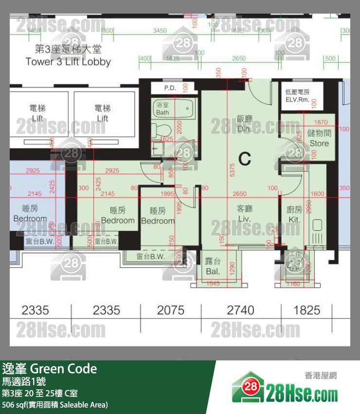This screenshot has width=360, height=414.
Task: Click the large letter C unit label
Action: (x=245, y=158)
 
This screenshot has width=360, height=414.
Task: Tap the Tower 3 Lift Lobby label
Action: (x=68, y=61)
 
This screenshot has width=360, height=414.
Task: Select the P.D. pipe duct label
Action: (x=170, y=88)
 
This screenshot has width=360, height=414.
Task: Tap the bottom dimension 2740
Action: (x=240, y=310)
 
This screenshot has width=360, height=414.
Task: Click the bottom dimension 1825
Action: (x=307, y=310)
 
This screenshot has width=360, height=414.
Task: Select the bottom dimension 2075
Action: (x=171, y=310)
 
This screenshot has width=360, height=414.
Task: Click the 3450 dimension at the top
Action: (x=160, y=31)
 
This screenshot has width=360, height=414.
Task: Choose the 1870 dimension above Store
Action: (x=322, y=122)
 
